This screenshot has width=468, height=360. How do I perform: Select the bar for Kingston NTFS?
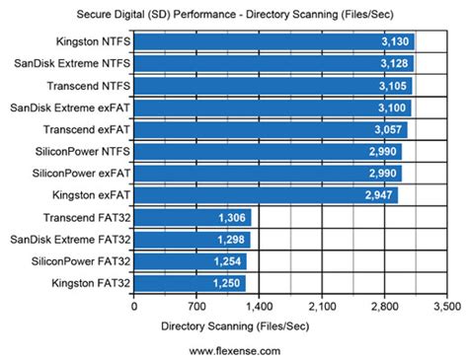point(273,42)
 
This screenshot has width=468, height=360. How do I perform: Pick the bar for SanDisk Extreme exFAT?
point(272,108)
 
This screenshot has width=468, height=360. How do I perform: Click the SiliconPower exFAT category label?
point(79,173)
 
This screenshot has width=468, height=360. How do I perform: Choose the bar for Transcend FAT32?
point(192,217)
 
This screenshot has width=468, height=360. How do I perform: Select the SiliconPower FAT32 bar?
point(190,260)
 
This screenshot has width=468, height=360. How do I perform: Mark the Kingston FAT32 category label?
point(86,282)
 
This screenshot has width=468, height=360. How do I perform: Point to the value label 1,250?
point(227,282)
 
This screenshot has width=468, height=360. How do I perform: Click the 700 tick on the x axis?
point(196,307)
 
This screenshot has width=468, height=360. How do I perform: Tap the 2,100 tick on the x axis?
point(321,307)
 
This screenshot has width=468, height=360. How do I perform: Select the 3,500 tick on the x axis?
point(445,307)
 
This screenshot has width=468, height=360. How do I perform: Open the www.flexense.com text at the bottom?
point(233,349)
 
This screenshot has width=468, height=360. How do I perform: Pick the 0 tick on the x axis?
point(134,307)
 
